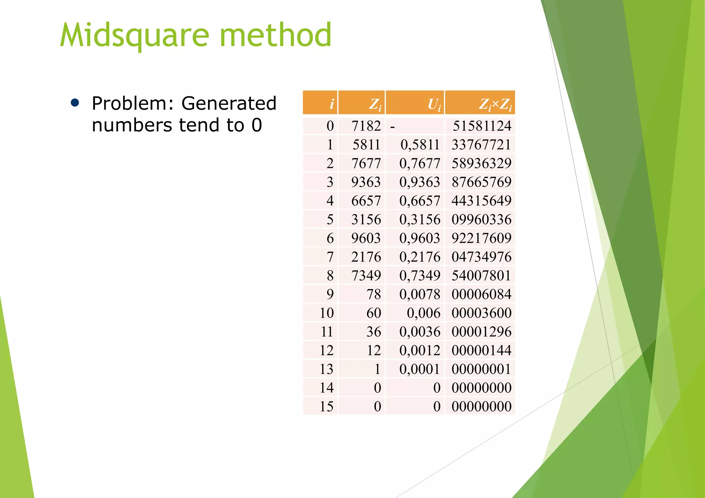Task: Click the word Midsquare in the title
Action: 134,35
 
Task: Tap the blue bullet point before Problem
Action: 75,103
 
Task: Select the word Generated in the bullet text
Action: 229,103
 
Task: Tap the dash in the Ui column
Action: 392,127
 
